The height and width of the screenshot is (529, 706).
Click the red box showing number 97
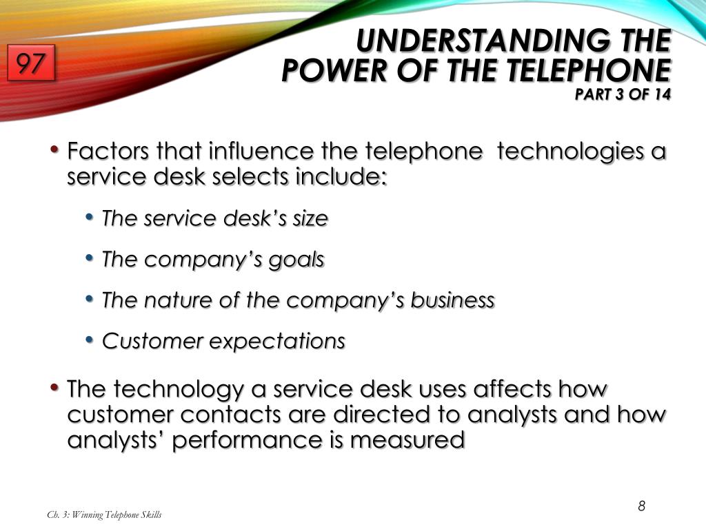pos(31,65)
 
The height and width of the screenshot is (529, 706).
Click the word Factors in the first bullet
pos(108,151)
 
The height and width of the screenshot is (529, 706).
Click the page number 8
pos(641,507)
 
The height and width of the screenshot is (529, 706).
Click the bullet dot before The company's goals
pos(90,258)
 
